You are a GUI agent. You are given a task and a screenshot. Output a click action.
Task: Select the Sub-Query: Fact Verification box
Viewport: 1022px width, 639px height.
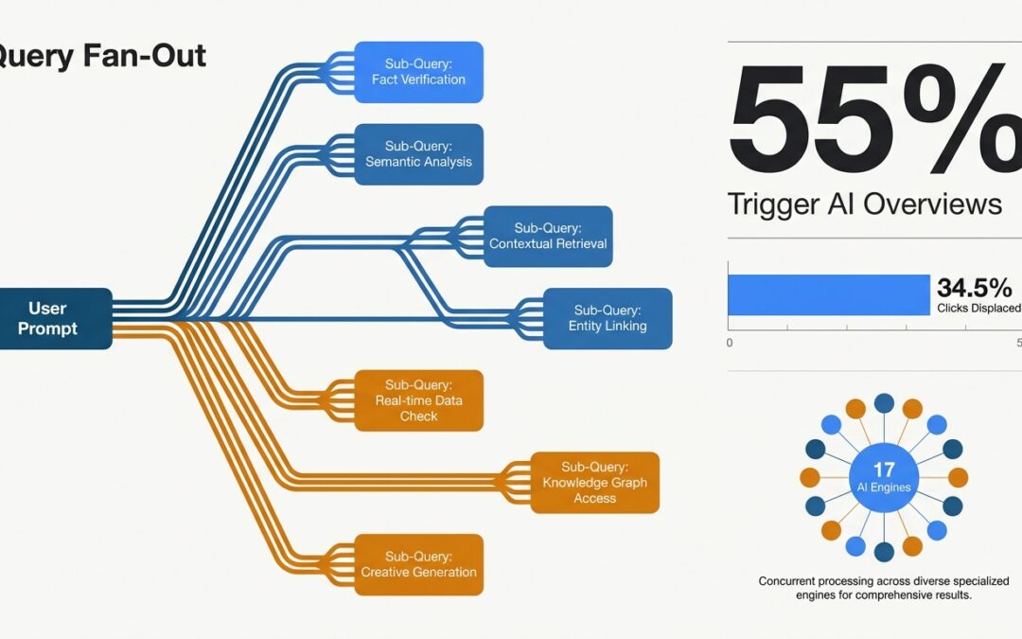(x=418, y=71)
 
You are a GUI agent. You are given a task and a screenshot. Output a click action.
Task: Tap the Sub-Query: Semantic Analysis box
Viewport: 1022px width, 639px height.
(x=418, y=153)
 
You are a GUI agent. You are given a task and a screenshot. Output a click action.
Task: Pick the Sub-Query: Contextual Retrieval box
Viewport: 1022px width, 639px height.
(x=548, y=236)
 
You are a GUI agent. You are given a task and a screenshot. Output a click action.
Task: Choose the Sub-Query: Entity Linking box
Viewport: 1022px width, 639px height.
(x=608, y=318)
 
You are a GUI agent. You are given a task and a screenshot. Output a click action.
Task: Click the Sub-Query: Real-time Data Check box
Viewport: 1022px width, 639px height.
(x=418, y=400)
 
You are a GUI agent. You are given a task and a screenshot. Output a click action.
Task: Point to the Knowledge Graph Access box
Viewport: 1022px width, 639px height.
(x=594, y=483)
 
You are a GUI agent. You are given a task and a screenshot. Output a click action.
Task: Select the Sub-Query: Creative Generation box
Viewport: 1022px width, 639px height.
(x=418, y=564)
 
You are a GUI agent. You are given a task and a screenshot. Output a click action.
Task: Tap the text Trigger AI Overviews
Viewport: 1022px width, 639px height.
(x=864, y=204)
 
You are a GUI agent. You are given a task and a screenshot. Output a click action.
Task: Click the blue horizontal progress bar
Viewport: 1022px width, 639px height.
(x=828, y=294)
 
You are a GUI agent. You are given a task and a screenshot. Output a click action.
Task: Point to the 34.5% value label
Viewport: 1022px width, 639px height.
(x=974, y=288)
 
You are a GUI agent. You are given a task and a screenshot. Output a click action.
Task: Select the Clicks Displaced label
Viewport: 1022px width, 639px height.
(x=978, y=308)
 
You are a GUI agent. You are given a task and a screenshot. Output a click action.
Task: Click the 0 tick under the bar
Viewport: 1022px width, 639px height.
(x=730, y=343)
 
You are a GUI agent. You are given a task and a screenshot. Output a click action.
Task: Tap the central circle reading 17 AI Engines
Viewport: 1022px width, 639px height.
(x=884, y=477)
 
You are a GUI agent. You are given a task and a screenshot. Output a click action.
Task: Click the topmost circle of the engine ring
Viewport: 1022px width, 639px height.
(x=884, y=403)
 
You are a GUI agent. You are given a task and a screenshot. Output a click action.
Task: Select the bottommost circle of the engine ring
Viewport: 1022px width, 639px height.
(x=884, y=552)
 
